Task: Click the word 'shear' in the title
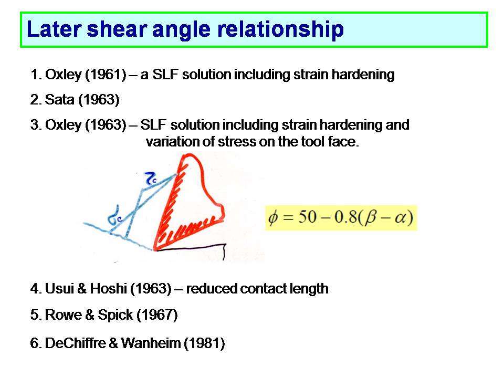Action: [x=117, y=29]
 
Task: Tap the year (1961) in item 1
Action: [x=106, y=75]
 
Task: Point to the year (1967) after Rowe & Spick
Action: [x=157, y=314]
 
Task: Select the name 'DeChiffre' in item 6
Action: [x=75, y=343]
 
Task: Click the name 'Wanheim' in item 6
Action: [x=151, y=343]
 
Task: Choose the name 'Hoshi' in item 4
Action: [x=108, y=289]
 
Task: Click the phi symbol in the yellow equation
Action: [x=273, y=218]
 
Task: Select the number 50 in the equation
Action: [x=307, y=217]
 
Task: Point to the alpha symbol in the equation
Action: [x=400, y=218]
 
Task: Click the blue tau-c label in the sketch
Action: [x=151, y=178]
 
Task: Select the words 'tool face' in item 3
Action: [x=330, y=141]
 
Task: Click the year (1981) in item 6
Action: [x=204, y=343]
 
